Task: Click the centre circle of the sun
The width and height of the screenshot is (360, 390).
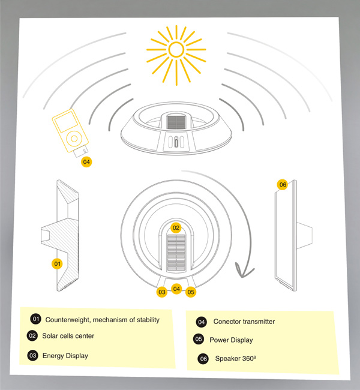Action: coord(176,50)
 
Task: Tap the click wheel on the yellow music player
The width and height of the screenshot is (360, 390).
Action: coord(74,138)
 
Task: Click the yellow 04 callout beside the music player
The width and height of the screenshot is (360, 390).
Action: coord(86,162)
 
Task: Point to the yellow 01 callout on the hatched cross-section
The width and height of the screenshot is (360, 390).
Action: coord(57,263)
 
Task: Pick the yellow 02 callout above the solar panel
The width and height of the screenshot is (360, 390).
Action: coord(176,228)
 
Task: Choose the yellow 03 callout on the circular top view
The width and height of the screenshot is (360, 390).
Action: coord(162,292)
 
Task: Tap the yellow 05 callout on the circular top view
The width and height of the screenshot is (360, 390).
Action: coord(191,292)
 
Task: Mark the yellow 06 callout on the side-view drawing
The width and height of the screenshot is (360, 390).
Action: coord(283,185)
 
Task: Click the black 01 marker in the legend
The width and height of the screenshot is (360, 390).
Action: coord(36,319)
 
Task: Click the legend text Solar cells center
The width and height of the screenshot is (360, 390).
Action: coord(68,336)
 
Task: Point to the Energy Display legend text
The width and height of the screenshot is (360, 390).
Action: coord(65,356)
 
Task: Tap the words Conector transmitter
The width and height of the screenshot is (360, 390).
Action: coord(244,322)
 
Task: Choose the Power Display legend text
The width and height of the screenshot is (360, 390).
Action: coord(231,340)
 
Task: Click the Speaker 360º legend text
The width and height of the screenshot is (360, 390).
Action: coord(236,358)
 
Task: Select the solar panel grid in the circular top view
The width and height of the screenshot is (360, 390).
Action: coord(176,253)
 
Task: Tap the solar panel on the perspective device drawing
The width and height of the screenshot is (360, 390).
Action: coord(176,122)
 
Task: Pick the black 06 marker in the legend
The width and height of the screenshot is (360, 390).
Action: coord(203,359)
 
